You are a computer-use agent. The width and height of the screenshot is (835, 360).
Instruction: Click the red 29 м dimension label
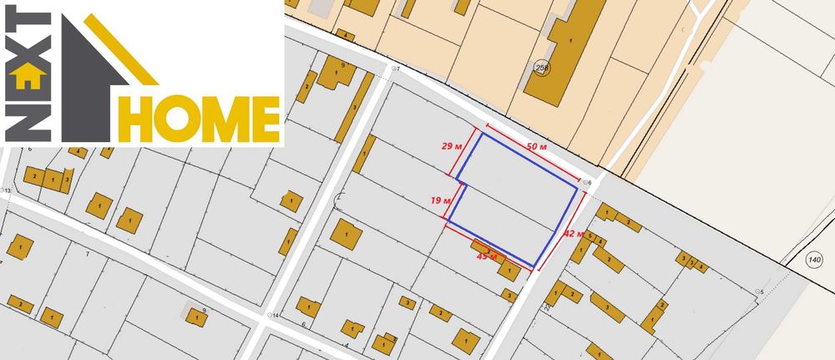pos(452,145)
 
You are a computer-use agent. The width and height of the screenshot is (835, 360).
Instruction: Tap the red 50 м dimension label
pos(538,147)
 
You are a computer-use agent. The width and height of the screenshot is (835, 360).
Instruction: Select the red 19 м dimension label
pos(441,200)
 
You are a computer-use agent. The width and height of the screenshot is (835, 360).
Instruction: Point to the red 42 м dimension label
pos(573,233)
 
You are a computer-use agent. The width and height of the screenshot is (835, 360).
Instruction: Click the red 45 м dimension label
pos(487,256)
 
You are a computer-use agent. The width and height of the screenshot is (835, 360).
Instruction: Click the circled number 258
pos(542,68)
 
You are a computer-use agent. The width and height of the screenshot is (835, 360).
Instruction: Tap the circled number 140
pos(814,260)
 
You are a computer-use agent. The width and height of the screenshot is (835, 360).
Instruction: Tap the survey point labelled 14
pos(269,316)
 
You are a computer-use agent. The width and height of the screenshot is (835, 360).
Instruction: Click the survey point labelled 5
pos(757,291)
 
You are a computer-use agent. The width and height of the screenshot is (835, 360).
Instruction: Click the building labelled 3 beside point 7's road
pos(356,108)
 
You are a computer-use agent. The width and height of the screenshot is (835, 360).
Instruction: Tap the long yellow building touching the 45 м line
pos(485,248)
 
